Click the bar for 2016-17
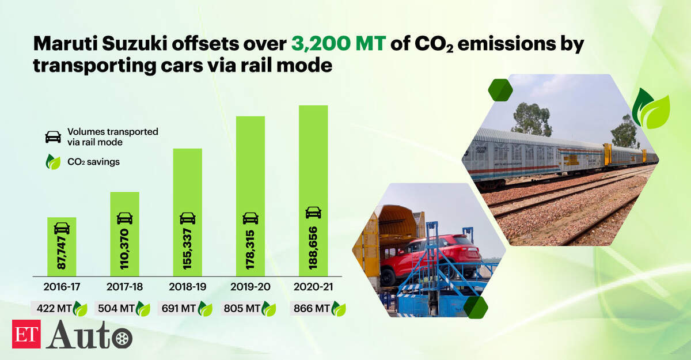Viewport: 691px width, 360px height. click(62, 247)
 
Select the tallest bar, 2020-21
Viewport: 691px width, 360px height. click(313, 191)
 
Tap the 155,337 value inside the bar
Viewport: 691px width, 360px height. click(187, 249)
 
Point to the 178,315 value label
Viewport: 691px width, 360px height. click(250, 250)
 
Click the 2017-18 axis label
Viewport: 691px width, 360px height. click(124, 287)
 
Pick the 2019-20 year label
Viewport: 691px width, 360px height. click(250, 287)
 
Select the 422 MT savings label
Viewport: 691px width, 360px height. click(54, 308)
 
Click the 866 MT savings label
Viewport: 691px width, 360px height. click(312, 308)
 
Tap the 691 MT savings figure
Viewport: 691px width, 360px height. click(179, 308)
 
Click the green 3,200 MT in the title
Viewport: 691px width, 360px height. click(339, 44)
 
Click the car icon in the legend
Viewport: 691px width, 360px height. click(53, 137)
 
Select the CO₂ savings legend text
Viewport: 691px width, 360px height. click(93, 162)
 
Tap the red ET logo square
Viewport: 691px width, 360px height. click(26, 334)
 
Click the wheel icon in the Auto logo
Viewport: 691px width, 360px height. click(122, 339)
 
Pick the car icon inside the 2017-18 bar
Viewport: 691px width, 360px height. click(124, 218)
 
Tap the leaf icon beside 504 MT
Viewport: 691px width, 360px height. click(143, 309)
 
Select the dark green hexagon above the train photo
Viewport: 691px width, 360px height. click(500, 90)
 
